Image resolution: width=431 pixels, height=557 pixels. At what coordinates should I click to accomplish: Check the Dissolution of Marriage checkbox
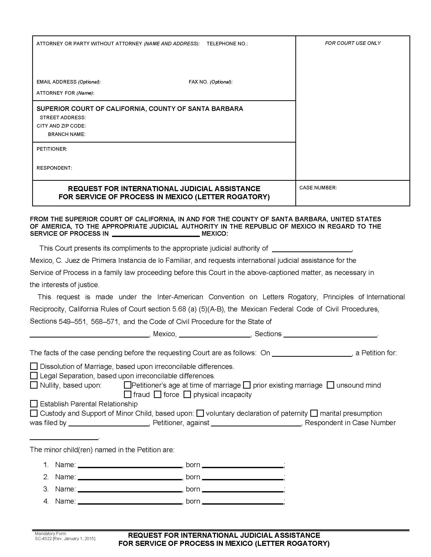pyautogui.click(x=34, y=367)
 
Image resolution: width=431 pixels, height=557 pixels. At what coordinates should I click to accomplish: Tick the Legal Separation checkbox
pyautogui.click(x=34, y=376)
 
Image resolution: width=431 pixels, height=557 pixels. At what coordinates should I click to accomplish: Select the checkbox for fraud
pyautogui.click(x=128, y=394)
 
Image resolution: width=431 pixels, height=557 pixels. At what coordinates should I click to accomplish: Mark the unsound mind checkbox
pyautogui.click(x=330, y=385)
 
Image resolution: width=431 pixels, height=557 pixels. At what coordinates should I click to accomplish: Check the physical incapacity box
pyautogui.click(x=187, y=394)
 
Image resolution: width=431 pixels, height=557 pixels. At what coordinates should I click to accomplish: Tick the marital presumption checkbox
pyautogui.click(x=314, y=413)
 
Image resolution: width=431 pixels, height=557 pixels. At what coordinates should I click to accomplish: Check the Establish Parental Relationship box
pyautogui.click(x=34, y=404)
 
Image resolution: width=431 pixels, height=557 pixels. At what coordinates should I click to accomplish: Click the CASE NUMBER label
pyautogui.click(x=318, y=188)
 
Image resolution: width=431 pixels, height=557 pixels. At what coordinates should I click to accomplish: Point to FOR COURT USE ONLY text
pyautogui.click(x=353, y=43)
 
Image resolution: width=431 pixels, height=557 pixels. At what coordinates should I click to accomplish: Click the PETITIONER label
pyautogui.click(x=52, y=149)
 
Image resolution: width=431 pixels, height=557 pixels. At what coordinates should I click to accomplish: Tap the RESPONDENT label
pyautogui.click(x=54, y=168)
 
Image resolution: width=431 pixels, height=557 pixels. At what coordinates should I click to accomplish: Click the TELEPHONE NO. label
pyautogui.click(x=227, y=44)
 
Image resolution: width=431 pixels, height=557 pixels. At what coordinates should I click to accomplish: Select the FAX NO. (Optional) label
pyautogui.click(x=210, y=82)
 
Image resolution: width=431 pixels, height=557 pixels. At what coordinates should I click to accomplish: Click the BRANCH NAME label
pyautogui.click(x=67, y=134)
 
